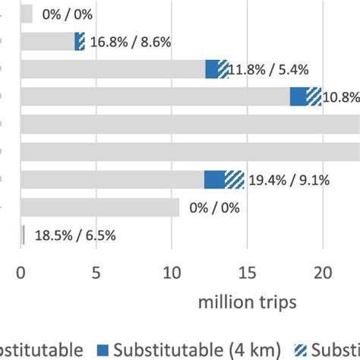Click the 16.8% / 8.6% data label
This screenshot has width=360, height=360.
point(130,43)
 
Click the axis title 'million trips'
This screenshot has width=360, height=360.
point(248,302)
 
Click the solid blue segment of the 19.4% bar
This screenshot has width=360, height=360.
point(214,180)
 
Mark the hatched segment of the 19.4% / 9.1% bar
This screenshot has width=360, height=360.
point(234,180)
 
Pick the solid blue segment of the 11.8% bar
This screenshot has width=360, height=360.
point(211,69)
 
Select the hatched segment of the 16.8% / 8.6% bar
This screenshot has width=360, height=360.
point(81,42)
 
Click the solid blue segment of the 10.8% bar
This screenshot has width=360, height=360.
point(298,97)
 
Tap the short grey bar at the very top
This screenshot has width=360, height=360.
point(27,14)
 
